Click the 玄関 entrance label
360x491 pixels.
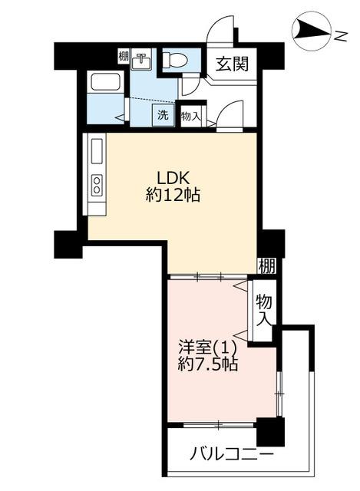(232, 64)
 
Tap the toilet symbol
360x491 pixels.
(175, 58)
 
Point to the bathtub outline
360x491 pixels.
(105, 82)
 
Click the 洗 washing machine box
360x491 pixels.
(163, 115)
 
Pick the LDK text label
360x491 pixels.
(173, 179)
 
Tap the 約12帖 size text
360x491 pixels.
(173, 196)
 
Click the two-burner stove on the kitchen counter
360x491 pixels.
(97, 185)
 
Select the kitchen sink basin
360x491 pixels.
(97, 151)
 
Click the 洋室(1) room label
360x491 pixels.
(207, 347)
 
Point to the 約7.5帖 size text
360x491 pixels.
(208, 364)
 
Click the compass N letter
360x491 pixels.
(341, 37)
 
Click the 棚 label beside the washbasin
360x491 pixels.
(123, 57)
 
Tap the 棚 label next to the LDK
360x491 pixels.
(267, 265)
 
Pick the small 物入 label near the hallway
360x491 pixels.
(190, 117)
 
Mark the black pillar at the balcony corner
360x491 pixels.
(270, 432)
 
